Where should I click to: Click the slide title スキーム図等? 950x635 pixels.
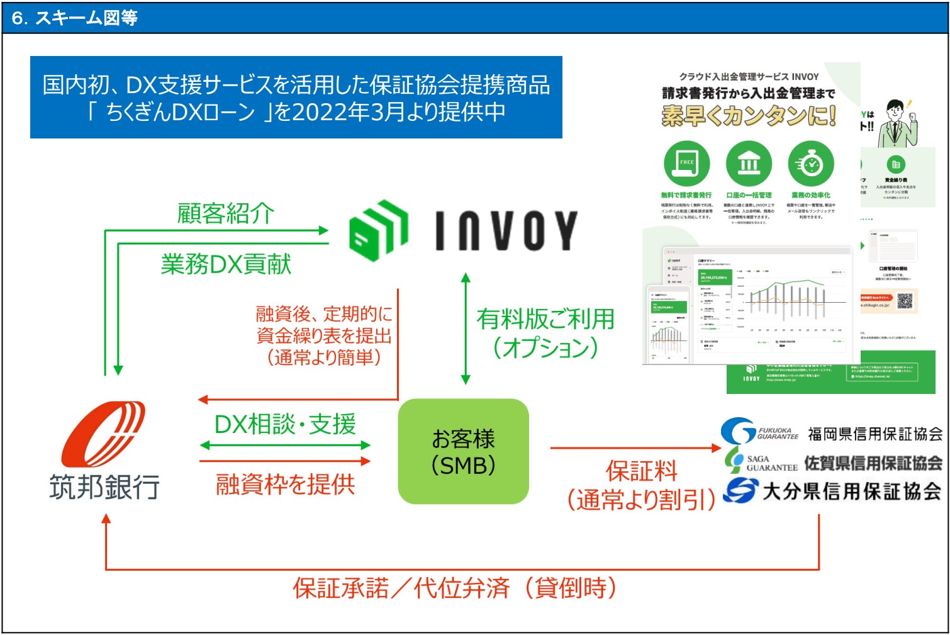click(86, 18)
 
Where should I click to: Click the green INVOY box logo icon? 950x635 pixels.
click(378, 230)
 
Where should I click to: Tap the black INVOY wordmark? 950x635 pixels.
click(506, 230)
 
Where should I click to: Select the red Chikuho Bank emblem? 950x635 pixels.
click(104, 434)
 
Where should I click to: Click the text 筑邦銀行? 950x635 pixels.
click(104, 487)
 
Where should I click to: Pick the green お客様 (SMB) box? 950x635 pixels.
click(463, 451)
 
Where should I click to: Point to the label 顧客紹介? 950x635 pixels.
click(225, 213)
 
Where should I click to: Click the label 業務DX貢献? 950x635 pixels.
click(226, 264)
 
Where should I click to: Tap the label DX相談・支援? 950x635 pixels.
click(285, 425)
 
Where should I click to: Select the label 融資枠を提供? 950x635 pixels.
click(285, 484)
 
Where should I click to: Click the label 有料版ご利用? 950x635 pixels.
click(545, 319)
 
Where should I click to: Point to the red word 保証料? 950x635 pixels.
click(641, 471)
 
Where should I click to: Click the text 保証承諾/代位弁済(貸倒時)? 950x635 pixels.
click(454, 588)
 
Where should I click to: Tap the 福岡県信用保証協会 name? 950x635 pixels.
click(875, 434)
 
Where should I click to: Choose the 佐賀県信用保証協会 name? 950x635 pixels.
click(873, 463)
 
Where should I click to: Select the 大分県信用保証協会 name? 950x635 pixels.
click(852, 491)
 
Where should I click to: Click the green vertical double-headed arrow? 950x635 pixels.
click(466, 329)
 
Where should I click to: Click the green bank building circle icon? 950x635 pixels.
click(749, 164)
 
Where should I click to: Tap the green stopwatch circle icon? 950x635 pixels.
click(811, 164)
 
